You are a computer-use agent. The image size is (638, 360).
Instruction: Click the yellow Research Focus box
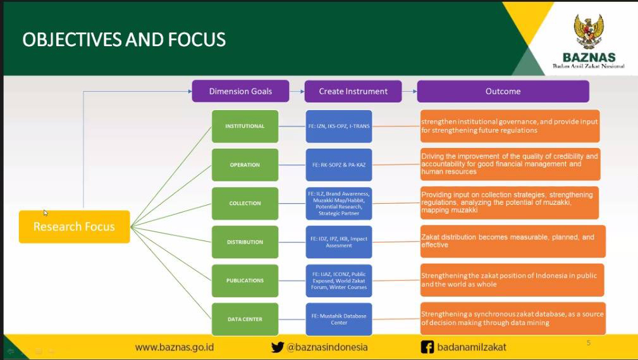(x=74, y=227)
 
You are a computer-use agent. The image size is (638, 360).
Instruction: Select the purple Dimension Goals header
(x=240, y=91)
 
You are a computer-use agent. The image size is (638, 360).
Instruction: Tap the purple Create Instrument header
(x=353, y=91)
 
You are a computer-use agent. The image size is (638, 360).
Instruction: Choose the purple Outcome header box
(x=503, y=91)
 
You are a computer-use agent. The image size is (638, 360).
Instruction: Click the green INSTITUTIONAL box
(x=245, y=127)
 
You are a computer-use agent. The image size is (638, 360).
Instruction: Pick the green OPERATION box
(x=245, y=165)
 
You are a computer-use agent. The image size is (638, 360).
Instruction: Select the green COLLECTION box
(x=245, y=204)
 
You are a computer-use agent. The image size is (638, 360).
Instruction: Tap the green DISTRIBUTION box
(x=245, y=242)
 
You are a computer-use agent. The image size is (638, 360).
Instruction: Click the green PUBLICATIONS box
(x=245, y=281)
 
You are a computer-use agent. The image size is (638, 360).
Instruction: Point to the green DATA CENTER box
(x=245, y=320)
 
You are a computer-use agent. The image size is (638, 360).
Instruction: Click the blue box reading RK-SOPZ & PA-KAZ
(x=338, y=165)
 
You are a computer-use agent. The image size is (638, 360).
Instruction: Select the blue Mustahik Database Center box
(x=338, y=320)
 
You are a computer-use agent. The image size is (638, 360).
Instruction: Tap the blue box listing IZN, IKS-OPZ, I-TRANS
(x=338, y=127)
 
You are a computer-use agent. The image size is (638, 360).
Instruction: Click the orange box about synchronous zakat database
(x=513, y=318)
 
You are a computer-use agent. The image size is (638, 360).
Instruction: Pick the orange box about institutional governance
(x=510, y=126)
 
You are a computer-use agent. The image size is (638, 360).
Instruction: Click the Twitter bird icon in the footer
(x=278, y=347)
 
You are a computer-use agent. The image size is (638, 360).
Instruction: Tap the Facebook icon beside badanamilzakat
(x=427, y=347)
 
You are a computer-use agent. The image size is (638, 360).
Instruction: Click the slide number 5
(x=589, y=343)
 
